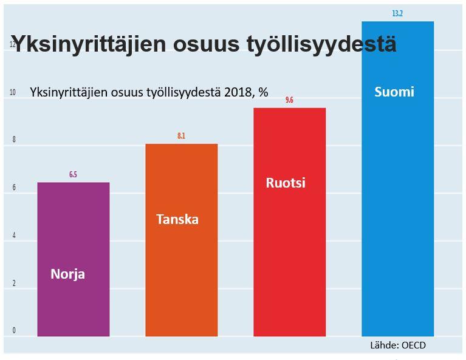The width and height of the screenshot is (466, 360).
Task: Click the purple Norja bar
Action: coord(74,231)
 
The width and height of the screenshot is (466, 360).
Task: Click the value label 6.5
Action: coord(73,175)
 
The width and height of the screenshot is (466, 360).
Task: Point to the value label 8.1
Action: coord(181,136)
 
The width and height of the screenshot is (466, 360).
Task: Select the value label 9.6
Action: coord(289,100)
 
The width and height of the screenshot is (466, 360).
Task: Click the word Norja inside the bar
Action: coord(68,274)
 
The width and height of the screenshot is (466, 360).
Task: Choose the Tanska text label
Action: coord(177,219)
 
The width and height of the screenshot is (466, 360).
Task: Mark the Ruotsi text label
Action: coord(286,183)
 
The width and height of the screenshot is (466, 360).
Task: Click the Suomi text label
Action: coord(394,92)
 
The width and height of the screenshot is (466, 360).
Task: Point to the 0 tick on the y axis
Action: coord(13,331)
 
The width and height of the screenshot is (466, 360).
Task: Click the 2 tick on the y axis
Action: coord(13,284)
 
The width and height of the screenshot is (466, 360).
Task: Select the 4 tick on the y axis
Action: coord(13,236)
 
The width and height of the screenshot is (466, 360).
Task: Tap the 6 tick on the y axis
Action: coord(13,188)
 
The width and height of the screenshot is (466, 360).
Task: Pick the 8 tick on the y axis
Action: coord(13,140)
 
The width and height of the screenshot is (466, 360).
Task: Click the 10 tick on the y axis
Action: coord(13,93)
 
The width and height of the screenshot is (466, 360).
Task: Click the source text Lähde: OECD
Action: coord(398,345)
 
